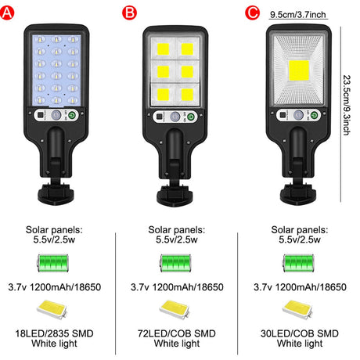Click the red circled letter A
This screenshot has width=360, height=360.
click(x=7, y=13)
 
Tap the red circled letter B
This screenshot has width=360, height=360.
click(x=129, y=13)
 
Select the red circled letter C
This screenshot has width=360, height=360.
click(x=252, y=13)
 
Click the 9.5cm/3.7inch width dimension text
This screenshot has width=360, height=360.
click(x=298, y=15)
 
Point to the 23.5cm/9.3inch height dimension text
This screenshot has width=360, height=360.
click(x=347, y=105)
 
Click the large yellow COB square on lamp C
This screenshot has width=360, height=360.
click(x=299, y=70)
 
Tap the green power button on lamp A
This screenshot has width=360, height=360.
click(x=73, y=115)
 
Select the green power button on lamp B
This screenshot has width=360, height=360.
click(x=192, y=117)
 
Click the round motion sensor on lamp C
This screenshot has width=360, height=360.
click(x=298, y=115)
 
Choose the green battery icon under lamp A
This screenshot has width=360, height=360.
click(x=53, y=263)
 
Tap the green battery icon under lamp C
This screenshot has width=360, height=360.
click(x=298, y=263)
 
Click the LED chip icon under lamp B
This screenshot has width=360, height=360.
click(x=175, y=309)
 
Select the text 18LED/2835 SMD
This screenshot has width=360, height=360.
click(x=54, y=333)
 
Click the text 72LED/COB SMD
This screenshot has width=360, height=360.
click(x=177, y=333)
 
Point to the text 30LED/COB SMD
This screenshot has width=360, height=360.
click(x=300, y=333)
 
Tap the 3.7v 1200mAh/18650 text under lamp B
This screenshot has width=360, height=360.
click(x=177, y=287)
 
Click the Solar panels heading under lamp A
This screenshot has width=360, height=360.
click(x=54, y=230)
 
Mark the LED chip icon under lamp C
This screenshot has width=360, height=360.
click(x=297, y=309)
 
